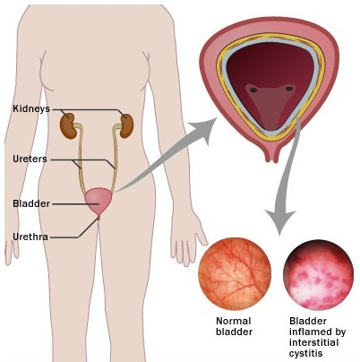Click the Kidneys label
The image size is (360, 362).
tap(31, 108)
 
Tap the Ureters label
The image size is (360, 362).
tap(30, 159)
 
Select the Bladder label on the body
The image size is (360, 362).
tap(31, 203)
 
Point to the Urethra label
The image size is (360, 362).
tap(30, 237)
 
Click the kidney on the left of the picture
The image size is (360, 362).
tap(67, 125)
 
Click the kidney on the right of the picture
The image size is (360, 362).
tap(126, 125)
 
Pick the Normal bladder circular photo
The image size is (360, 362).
tap(235, 274)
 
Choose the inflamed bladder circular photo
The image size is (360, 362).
tap(318, 275)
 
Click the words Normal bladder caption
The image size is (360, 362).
tap(234, 326)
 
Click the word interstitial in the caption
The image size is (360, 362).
tap(313, 342)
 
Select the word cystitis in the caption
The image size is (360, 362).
tap(306, 353)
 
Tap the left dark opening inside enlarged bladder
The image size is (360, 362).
tap(253, 90)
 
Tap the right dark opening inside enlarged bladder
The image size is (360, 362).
tap(289, 89)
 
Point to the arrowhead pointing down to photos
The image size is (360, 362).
tap(280, 221)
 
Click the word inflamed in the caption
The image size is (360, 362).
tap(317, 332)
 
